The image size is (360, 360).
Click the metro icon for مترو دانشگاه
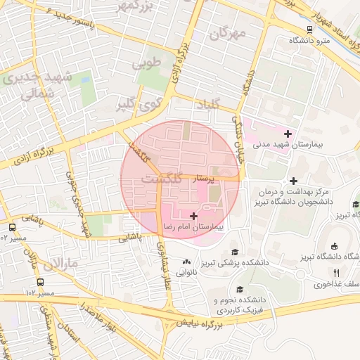click(310, 30)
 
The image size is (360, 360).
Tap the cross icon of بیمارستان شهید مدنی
click(288, 133)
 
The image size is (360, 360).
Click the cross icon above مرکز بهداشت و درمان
click(294, 180)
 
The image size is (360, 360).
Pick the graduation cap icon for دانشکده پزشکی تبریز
click(233, 252)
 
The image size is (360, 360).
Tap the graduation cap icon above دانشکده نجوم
click(240, 289)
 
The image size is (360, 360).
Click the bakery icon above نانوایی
click(187, 261)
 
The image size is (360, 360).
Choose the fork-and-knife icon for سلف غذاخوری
click(336, 273)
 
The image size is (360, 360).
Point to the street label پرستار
click(210, 179)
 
